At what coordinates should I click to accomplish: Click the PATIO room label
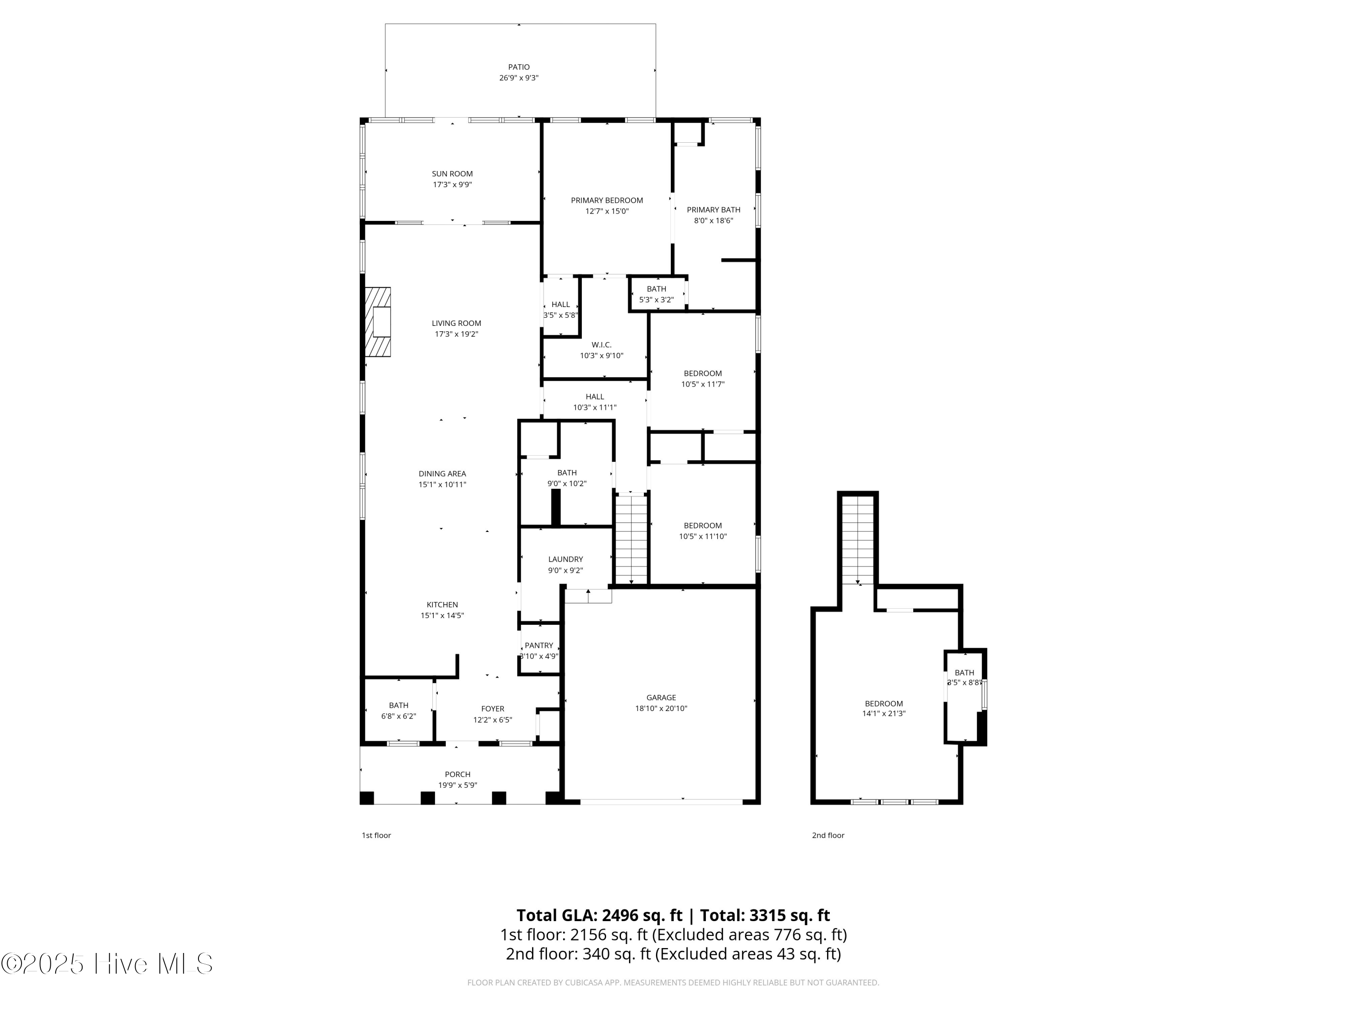519,67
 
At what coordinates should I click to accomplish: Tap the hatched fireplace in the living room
378,321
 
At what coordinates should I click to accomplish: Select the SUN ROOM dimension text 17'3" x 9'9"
453,184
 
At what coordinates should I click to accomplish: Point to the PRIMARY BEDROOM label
607,200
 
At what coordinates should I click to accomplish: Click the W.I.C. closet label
601,345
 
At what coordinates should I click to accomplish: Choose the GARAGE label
661,698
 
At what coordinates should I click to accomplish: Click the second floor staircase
858,539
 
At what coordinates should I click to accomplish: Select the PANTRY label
539,646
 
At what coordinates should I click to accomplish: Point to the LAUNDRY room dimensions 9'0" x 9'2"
565,571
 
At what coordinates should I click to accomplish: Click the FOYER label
493,709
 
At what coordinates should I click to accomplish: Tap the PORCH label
458,774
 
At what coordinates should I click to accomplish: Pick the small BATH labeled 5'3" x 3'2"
656,294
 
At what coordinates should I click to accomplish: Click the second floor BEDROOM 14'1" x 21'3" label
884,704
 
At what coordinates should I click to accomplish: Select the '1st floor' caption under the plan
376,835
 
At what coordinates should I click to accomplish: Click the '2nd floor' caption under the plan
828,835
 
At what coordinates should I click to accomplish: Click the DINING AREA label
442,474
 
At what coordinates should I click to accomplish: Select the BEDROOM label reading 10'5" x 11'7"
703,373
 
